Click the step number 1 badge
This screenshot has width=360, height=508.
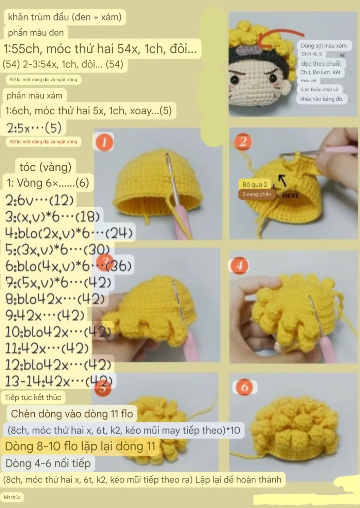[104, 142]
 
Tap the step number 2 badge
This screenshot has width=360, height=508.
[243, 142]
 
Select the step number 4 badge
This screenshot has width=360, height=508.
[239, 266]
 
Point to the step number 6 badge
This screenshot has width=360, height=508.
[244, 387]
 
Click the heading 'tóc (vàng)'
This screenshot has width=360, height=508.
[45, 167]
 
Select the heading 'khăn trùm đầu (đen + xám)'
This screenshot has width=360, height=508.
[65, 17]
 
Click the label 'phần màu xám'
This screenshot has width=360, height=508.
[34, 96]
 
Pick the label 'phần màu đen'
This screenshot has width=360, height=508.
[36, 33]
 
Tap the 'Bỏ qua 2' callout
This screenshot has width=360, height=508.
[255, 184]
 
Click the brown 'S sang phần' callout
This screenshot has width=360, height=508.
[257, 194]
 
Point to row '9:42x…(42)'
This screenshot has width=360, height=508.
[45, 316]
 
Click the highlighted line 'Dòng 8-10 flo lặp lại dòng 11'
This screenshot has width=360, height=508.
[80, 446]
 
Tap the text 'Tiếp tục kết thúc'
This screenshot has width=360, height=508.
[33, 397]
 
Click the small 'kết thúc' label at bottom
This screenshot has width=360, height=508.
[12, 497]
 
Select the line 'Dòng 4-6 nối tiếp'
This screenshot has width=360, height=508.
[48, 463]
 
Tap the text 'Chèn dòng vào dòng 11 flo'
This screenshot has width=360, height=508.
[72, 414]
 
